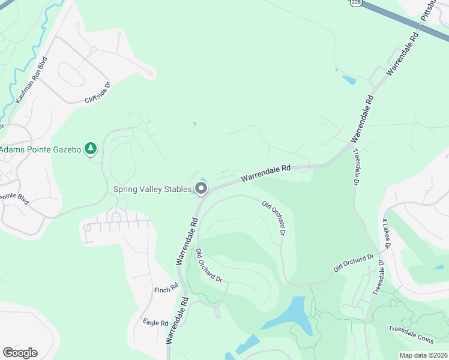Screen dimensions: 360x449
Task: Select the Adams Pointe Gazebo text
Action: (41, 148)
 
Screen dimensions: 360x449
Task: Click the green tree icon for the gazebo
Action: (91, 148)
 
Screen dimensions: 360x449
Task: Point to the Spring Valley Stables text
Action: (152, 190)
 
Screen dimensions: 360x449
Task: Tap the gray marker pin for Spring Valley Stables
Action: (201, 190)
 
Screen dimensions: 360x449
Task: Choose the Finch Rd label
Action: (166, 289)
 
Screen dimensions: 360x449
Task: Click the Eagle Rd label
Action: (155, 323)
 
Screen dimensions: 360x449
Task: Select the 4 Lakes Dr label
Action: (387, 234)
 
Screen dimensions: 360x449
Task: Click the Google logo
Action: (20, 353)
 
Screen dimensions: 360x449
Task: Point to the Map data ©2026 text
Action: (424, 355)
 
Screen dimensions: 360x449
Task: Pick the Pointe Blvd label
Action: (14, 197)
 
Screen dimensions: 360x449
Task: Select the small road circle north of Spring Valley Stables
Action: (143, 127)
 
